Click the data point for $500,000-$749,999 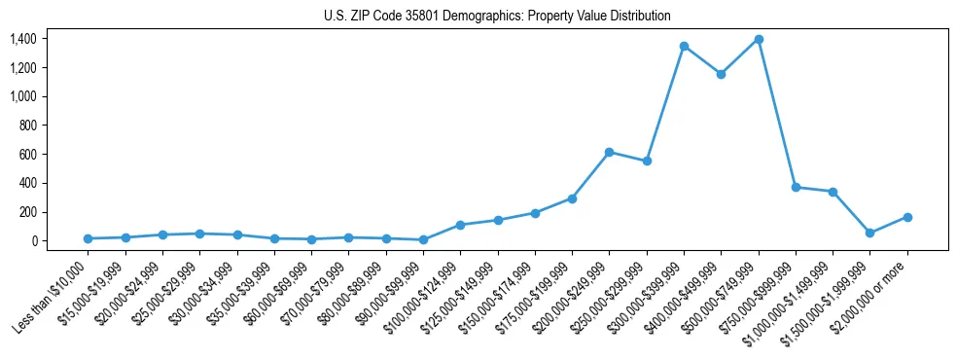tap(759, 40)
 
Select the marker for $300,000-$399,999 tap(684, 47)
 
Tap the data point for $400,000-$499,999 tap(721, 74)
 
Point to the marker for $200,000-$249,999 tap(609, 153)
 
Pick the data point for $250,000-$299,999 tap(647, 161)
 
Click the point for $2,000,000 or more tap(907, 217)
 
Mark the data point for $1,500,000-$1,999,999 tap(870, 234)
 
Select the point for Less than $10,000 tap(88, 238)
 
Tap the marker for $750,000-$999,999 tap(796, 187)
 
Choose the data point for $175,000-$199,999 tap(572, 198)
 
